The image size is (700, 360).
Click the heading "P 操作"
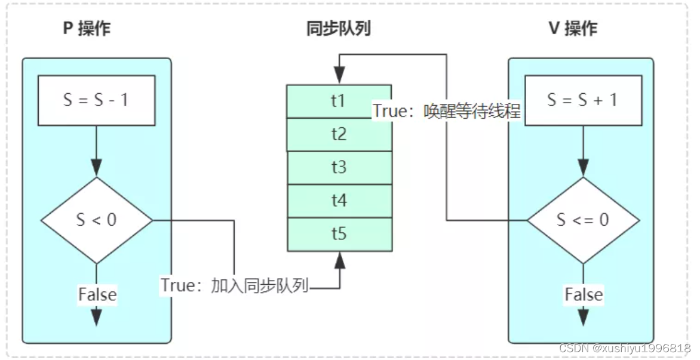click(87, 29)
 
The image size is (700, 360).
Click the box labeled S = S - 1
click(96, 100)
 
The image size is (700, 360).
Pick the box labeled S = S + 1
click(582, 100)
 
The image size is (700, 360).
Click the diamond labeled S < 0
click(96, 220)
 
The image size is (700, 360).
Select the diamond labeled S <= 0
click(582, 220)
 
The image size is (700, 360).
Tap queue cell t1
click(339, 100)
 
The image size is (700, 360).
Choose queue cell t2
click(339, 134)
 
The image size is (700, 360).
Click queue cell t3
click(339, 168)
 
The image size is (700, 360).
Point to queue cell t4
click(339, 201)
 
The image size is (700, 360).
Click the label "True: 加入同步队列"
click(235, 285)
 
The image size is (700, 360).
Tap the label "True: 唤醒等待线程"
click(447, 111)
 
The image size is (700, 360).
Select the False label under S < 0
click(97, 294)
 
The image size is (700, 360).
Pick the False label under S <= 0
click(584, 294)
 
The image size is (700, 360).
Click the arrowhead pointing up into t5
click(339, 259)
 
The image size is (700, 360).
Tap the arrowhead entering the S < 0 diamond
click(96, 169)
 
